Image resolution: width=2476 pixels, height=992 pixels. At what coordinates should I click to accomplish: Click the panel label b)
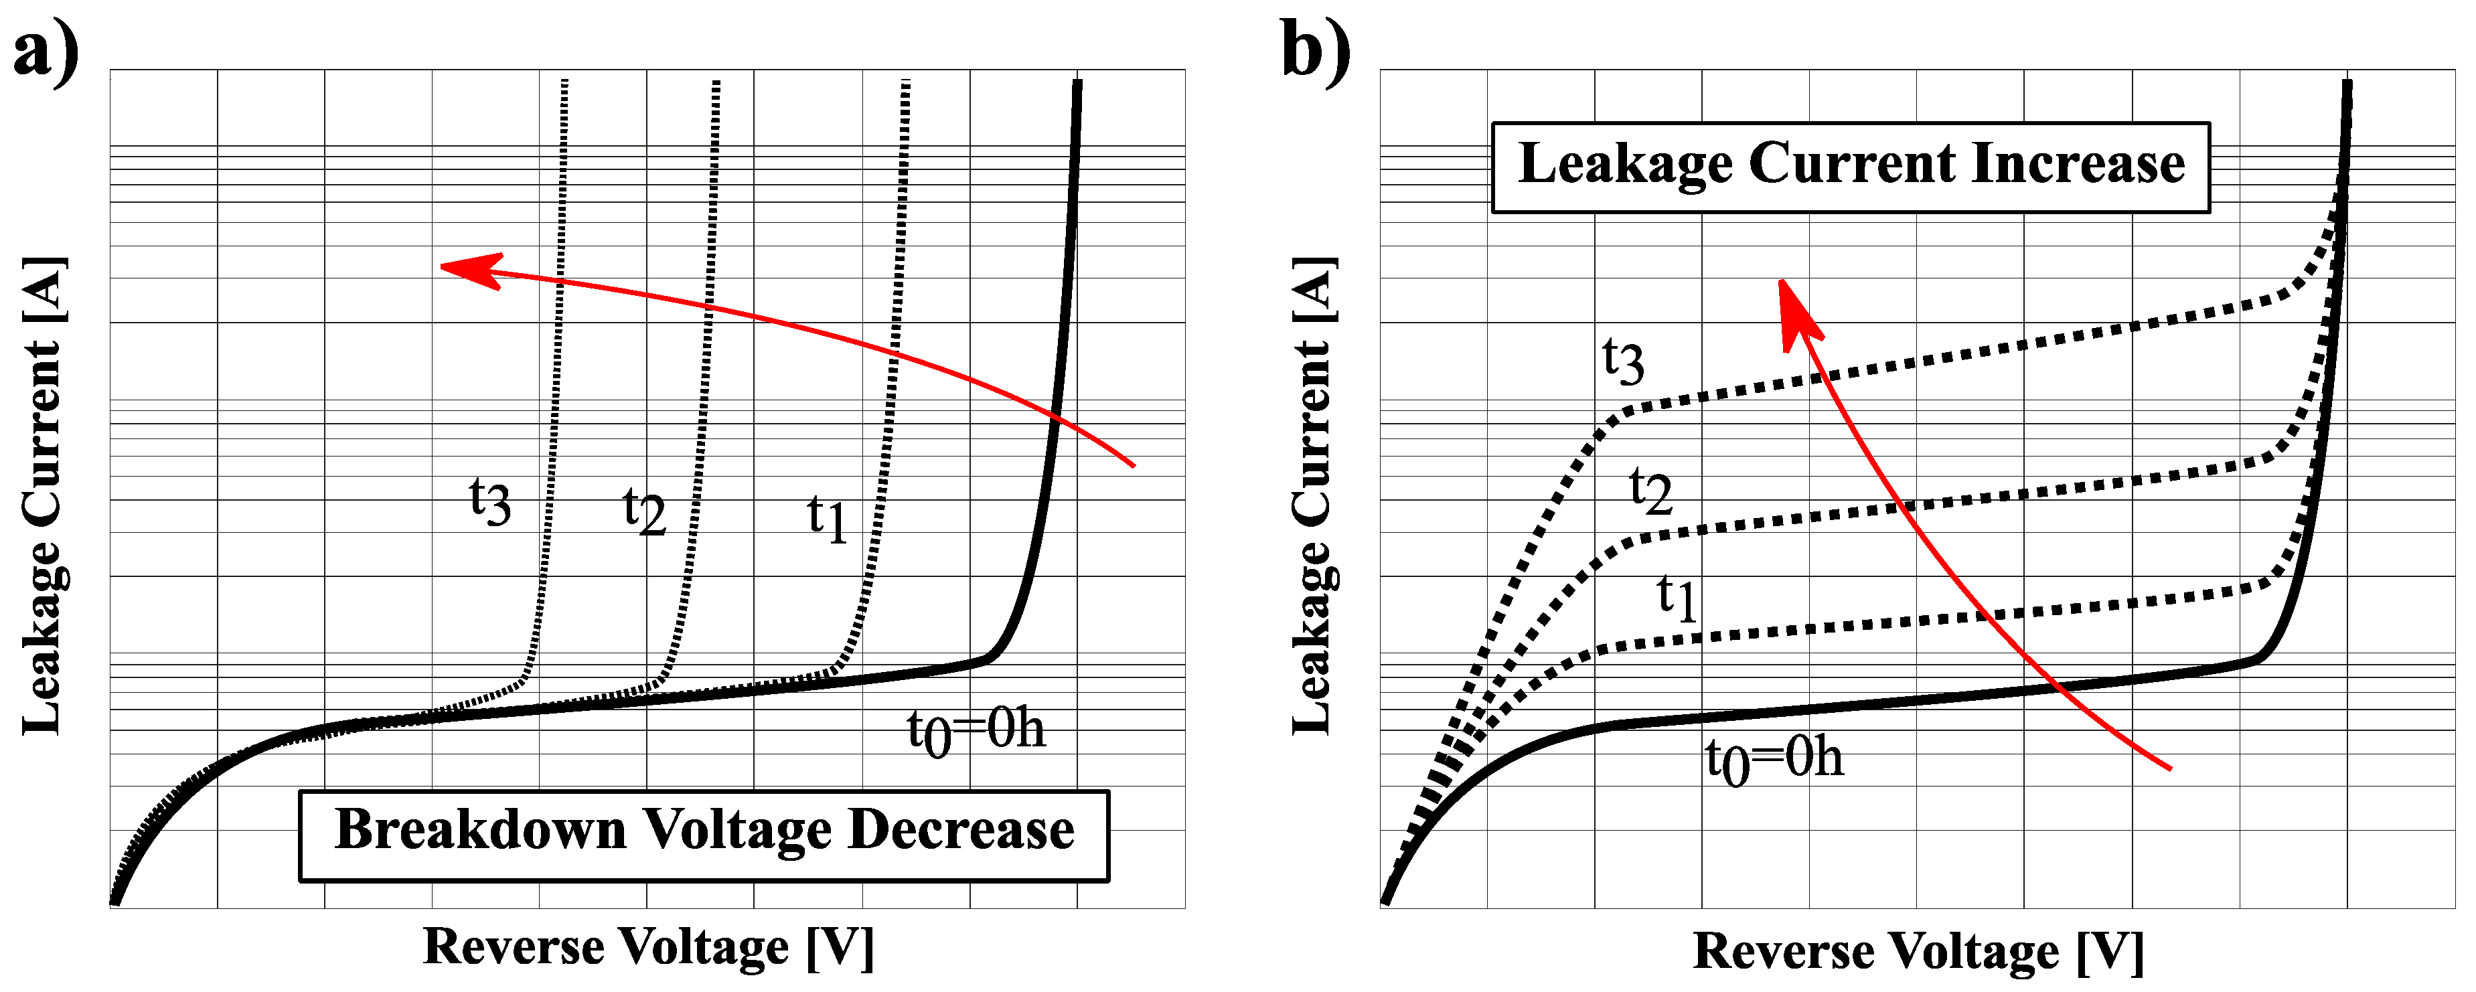(1315, 52)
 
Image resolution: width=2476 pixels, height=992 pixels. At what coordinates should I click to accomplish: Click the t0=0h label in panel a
(975, 730)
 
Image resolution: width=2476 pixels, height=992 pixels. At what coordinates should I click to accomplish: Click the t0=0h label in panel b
(1774, 759)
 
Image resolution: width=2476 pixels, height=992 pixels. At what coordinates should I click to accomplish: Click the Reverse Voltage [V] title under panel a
(648, 947)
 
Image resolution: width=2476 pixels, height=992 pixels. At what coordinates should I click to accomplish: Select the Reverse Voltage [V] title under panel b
(1918, 952)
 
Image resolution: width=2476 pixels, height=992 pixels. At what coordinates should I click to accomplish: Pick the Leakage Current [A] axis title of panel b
(1313, 495)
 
